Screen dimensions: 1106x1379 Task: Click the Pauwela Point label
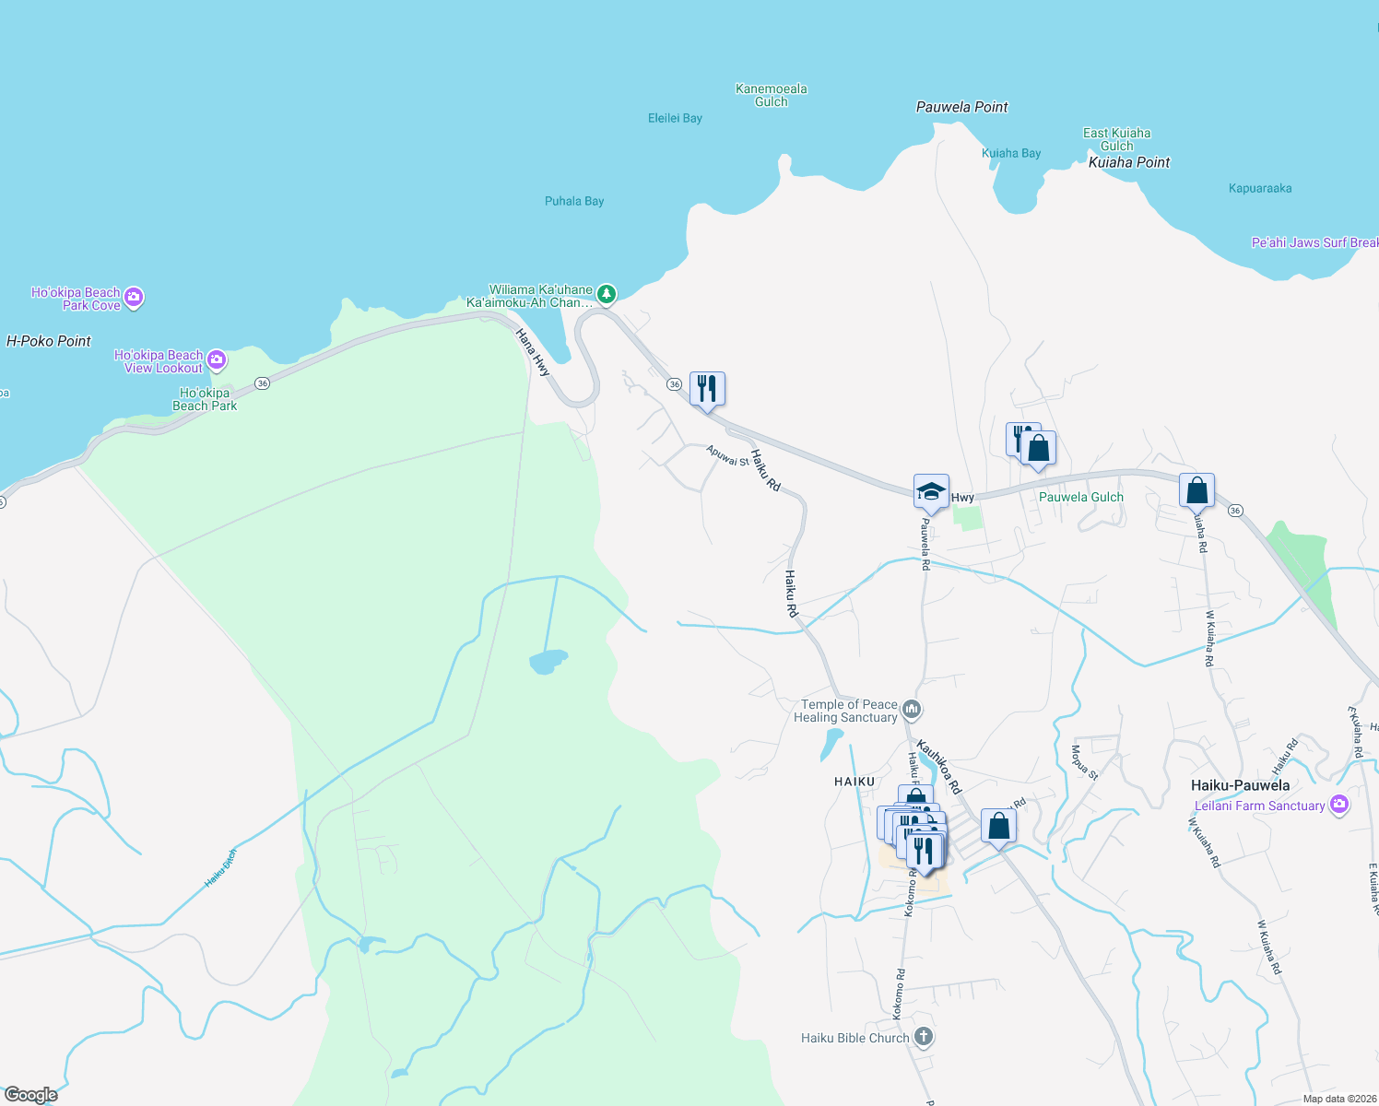click(961, 107)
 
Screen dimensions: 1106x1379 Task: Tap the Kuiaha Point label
click(1129, 162)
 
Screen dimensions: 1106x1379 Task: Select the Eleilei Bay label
click(675, 118)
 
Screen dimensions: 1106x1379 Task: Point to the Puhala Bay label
click(574, 201)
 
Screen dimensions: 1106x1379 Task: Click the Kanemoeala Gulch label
click(772, 95)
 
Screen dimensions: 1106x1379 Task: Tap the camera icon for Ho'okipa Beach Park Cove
click(134, 297)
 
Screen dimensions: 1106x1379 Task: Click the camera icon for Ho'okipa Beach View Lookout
click(217, 359)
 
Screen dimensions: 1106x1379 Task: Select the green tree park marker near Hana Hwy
click(606, 294)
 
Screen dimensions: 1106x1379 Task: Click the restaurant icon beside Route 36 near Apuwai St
click(707, 388)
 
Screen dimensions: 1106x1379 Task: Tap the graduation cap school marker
click(931, 490)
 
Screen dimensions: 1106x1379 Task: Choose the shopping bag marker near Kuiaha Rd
click(1196, 489)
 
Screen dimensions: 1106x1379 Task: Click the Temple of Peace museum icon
click(912, 709)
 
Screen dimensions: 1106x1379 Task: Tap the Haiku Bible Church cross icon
click(923, 1037)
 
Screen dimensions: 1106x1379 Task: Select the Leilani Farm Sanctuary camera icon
click(1339, 804)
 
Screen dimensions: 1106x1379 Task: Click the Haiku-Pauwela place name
click(1240, 785)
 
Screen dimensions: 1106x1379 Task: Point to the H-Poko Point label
click(49, 341)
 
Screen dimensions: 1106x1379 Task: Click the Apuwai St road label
click(727, 455)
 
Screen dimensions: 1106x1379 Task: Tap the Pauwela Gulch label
click(1081, 497)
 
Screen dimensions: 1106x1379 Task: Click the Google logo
click(31, 1094)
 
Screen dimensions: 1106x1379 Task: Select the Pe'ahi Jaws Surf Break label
click(1314, 242)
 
